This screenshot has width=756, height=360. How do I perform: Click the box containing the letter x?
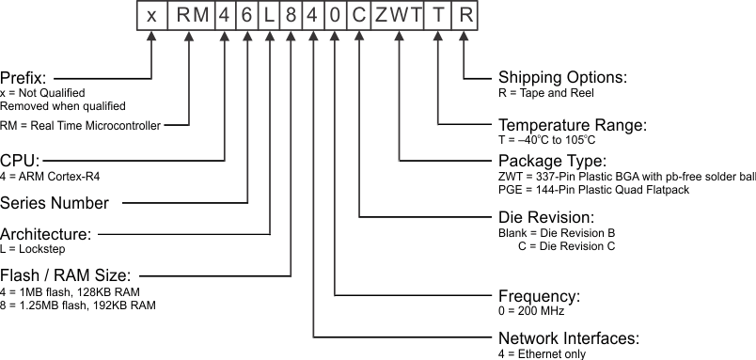click(x=151, y=16)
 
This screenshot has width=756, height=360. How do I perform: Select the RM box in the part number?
click(x=190, y=16)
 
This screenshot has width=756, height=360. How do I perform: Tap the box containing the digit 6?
click(x=246, y=16)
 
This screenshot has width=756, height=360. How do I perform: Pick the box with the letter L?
click(x=269, y=16)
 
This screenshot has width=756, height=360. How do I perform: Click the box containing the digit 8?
click(x=291, y=16)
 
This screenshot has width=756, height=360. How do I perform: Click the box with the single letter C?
click(x=359, y=16)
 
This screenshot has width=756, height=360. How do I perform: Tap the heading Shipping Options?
click(x=562, y=77)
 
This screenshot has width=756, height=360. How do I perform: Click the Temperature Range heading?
click(x=572, y=124)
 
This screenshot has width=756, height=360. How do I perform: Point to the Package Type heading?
click(x=551, y=160)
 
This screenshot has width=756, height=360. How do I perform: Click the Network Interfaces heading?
click(x=569, y=338)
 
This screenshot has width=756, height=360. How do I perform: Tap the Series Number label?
click(x=55, y=202)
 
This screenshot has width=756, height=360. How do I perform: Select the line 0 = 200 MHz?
click(x=531, y=311)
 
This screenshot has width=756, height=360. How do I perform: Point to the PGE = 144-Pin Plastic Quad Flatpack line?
click(x=594, y=190)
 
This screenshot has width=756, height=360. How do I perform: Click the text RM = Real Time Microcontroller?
click(x=80, y=125)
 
